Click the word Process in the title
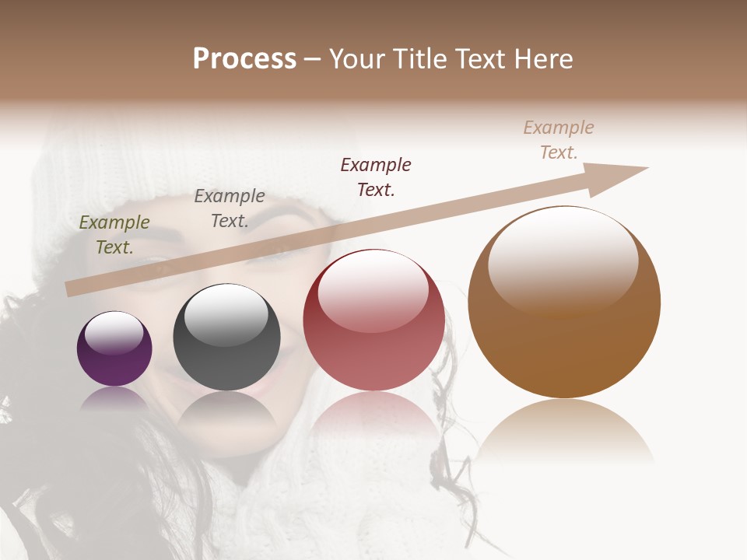pyautogui.click(x=244, y=59)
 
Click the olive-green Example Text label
pyautogui.click(x=114, y=235)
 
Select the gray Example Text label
pyautogui.click(x=230, y=208)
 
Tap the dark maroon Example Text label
pyautogui.click(x=376, y=177)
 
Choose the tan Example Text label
pyautogui.click(x=559, y=140)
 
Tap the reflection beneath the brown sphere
pyautogui.click(x=565, y=432)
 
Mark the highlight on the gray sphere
pyautogui.click(x=226, y=314)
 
